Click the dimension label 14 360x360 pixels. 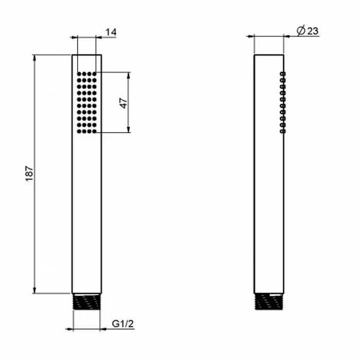[111, 32]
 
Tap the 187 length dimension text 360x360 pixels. [29, 174]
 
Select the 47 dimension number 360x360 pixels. [123, 103]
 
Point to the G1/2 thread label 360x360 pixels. [122, 323]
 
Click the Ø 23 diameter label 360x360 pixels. [308, 31]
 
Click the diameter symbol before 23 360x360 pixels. [301, 31]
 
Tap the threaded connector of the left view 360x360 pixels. [86, 302]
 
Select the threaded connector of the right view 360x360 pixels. [269, 302]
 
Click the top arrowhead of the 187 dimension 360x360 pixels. [34, 58]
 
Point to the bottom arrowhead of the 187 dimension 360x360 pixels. [34, 290]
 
